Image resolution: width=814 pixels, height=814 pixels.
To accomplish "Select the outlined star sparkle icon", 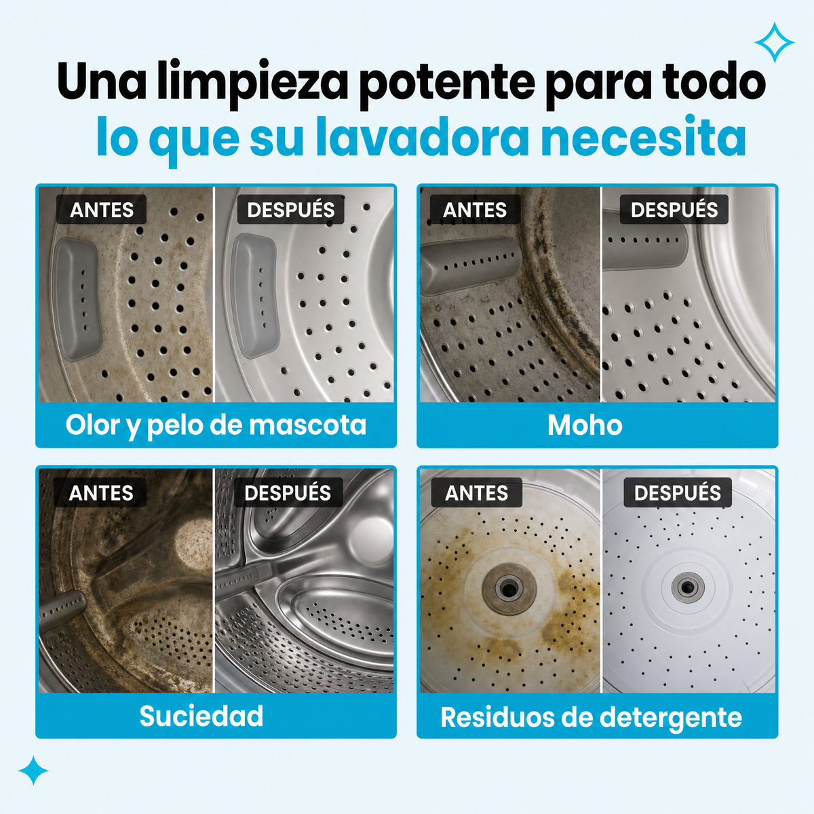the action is pos(774,42).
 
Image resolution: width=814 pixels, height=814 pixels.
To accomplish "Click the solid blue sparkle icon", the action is pos(33,770).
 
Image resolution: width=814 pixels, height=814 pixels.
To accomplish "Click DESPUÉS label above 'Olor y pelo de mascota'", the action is pos(290,210).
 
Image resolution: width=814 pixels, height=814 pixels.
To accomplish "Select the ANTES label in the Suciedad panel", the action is pos(100,492).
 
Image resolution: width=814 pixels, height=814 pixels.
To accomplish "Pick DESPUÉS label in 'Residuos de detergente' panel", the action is pos(678,492).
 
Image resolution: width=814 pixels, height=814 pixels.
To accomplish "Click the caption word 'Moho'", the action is pos(585,425).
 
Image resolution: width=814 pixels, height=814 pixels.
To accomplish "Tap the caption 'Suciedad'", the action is pos(201,716).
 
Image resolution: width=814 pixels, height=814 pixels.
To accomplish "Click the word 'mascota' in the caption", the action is pos(307,425).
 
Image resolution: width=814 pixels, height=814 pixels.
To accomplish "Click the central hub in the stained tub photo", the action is pos(509,587).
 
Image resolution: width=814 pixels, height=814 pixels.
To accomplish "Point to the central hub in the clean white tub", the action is pos(688,586).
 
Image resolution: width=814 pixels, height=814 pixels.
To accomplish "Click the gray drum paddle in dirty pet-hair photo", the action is pos(78,300).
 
